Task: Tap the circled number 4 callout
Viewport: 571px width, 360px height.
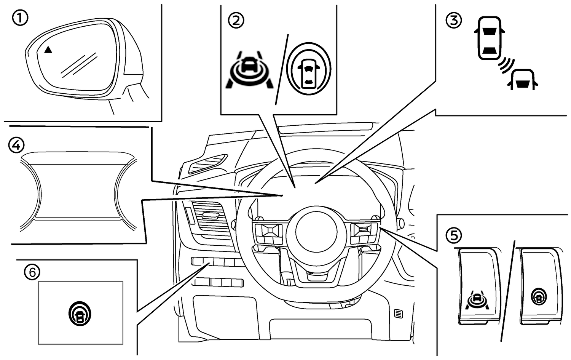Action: [16, 145]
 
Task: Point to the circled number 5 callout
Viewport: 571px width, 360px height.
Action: [453, 235]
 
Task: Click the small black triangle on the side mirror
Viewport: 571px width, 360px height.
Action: [48, 50]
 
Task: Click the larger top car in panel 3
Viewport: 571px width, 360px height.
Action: [488, 38]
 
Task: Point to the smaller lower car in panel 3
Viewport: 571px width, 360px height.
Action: [523, 79]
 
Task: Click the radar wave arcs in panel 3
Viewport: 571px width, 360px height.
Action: [507, 64]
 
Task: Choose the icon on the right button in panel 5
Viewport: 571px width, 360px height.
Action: [539, 296]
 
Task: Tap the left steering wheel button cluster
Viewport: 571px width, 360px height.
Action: [269, 233]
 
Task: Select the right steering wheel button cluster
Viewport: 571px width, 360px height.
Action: [363, 233]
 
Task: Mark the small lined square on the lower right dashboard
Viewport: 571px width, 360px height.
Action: [398, 314]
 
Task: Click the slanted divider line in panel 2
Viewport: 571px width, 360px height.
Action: [282, 69]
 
